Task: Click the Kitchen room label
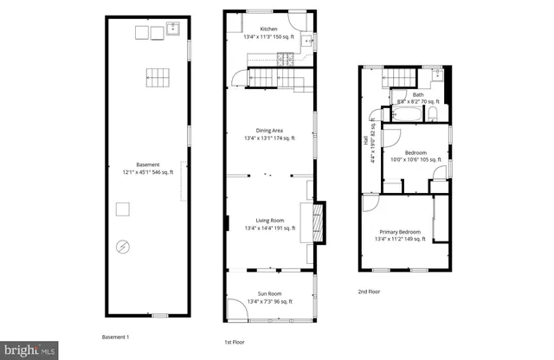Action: tap(269, 29)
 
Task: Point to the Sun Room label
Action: tap(269, 294)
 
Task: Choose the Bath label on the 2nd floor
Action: tap(418, 94)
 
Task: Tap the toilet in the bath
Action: tap(434, 112)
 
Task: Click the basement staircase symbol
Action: tap(156, 76)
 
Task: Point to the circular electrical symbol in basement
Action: tap(123, 247)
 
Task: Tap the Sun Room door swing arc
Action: tap(237, 306)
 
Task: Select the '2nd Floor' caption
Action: tap(369, 292)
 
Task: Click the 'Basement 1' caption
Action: tap(115, 336)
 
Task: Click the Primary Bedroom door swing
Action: tap(369, 204)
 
